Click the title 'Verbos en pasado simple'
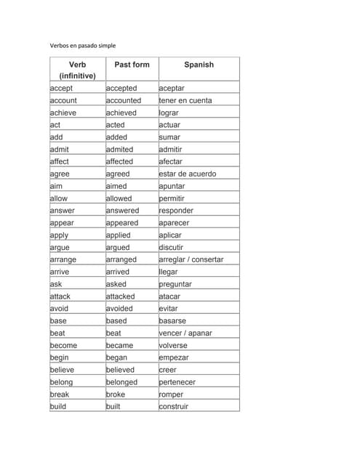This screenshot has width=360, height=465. point(83,46)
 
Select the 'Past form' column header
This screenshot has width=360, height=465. point(132,65)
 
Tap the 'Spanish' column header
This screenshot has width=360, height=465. point(199,65)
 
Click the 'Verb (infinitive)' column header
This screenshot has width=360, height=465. point(77,70)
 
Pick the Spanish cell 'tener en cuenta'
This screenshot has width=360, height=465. point(185,100)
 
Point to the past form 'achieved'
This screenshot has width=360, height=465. point(121,113)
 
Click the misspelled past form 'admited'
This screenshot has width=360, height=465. point(120,150)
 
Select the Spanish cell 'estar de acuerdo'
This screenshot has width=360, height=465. point(187,174)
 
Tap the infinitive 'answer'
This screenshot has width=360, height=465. point(62,211)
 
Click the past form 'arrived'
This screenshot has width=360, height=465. point(118,272)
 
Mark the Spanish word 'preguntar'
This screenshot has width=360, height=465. point(175,284)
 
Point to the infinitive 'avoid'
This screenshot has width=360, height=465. point(60,309)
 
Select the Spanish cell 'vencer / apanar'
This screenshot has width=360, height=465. point(185,333)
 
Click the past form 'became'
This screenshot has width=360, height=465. point(120,345)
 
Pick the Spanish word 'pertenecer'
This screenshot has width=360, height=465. point(177,382)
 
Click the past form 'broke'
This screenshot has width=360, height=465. point(116,395)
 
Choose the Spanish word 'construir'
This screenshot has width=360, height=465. point(174,407)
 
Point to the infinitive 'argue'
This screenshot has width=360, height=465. point(60,247)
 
